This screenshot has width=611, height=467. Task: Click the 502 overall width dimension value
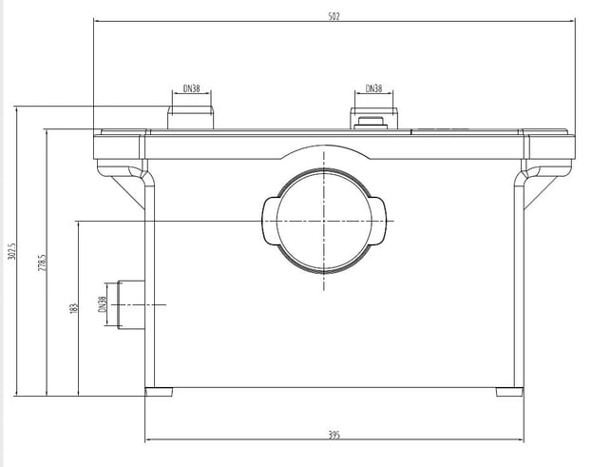[x=334, y=16]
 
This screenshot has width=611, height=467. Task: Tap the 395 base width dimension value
[x=334, y=435]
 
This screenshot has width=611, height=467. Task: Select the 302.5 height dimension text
[x=11, y=251]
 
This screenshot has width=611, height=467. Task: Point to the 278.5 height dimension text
[x=42, y=263]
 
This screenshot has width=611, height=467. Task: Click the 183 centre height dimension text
[x=74, y=308]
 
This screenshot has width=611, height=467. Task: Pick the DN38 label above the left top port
[x=191, y=88]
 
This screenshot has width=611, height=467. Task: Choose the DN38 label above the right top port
[x=373, y=88]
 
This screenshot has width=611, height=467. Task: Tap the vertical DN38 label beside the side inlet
[x=102, y=304]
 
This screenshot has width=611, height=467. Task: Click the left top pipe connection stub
[x=191, y=117]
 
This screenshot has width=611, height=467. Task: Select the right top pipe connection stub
[x=373, y=118]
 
